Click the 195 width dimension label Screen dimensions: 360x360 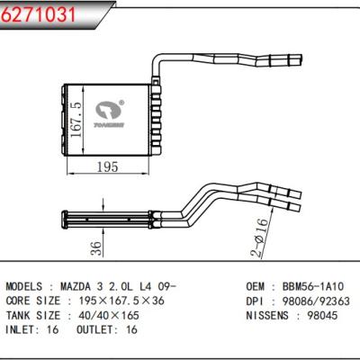click(x=109, y=166)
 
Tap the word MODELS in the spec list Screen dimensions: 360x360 click(x=30, y=283)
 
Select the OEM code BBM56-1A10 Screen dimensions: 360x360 click(x=305, y=283)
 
